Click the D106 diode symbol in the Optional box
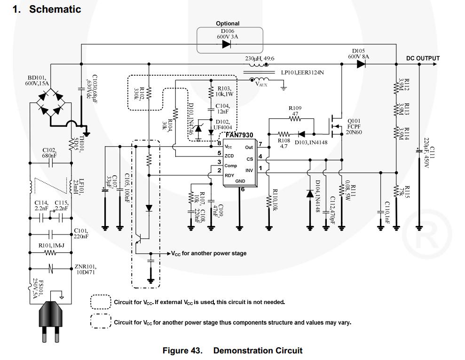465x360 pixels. coord(226,45)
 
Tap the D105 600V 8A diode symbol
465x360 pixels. coord(361,64)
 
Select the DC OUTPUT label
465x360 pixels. coord(423,59)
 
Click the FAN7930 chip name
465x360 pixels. coord(239,135)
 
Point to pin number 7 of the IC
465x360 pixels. coord(260,144)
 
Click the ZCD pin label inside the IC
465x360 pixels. coord(229,156)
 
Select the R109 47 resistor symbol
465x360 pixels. coord(295,119)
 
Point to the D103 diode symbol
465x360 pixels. coord(301,134)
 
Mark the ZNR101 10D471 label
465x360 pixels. coord(86,269)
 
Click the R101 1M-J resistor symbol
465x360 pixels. coord(51,253)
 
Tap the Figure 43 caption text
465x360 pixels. coord(232,351)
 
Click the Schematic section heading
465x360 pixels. coord(47,9)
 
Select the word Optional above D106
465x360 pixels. coord(228,23)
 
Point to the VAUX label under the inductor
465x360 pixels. coord(261,84)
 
